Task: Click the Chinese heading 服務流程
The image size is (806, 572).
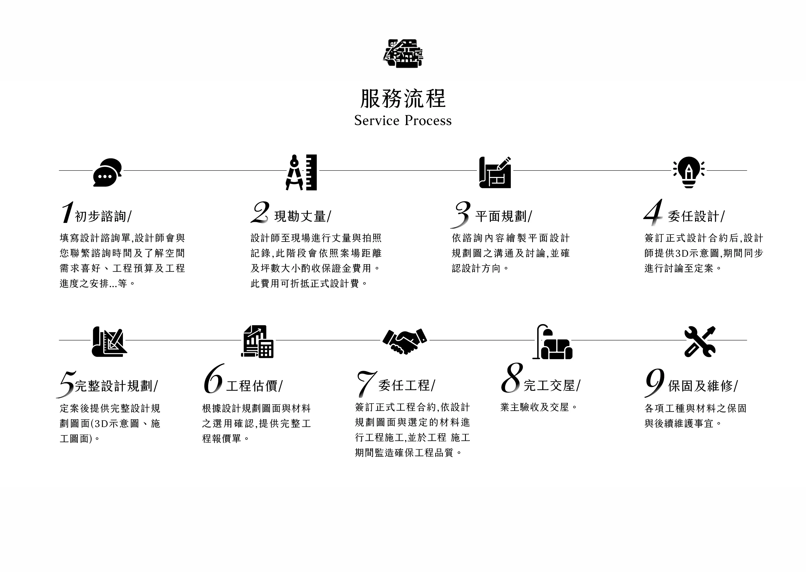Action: (403, 98)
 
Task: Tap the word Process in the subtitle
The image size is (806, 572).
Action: (428, 121)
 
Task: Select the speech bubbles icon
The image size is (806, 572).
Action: (107, 172)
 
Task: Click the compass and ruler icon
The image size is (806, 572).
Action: (301, 172)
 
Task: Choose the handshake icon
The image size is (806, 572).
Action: (405, 341)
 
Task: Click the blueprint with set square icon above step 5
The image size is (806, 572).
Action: (109, 342)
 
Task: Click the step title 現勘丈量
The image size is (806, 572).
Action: (300, 216)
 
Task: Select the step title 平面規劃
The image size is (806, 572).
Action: (501, 216)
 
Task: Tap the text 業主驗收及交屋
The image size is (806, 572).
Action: (535, 408)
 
